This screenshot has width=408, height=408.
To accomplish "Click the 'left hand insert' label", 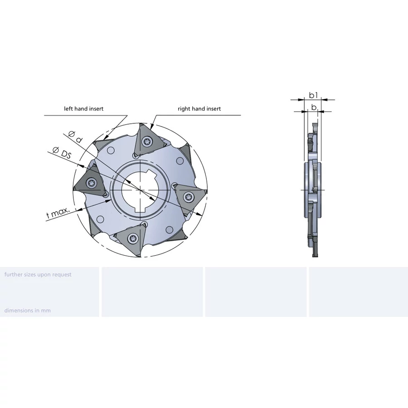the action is tap(83, 109).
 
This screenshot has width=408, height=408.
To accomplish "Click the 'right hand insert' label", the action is tap(199, 109).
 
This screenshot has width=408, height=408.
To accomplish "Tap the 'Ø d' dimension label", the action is tap(75, 137).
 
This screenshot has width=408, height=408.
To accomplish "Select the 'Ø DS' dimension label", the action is tap(62, 153).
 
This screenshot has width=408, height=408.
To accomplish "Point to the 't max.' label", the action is tap(58, 213).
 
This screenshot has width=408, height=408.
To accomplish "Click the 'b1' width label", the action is tap(313, 95).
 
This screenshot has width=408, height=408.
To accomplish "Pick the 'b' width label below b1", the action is tap(314, 107).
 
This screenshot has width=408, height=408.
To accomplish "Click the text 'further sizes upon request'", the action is tap(38, 275).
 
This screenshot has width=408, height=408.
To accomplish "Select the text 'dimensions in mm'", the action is tap(28, 311).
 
